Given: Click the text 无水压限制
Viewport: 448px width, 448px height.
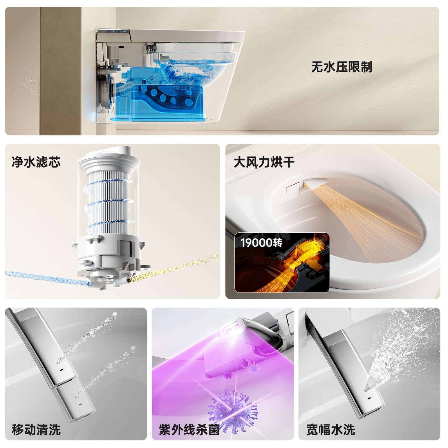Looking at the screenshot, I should (x=341, y=67).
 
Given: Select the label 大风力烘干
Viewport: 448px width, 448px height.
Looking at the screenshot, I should (x=264, y=162).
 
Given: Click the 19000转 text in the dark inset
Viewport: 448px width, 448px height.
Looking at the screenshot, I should (x=261, y=242).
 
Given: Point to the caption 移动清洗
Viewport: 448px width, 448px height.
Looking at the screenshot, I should (x=36, y=429).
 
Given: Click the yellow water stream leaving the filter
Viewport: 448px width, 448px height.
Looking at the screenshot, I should (x=174, y=267).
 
